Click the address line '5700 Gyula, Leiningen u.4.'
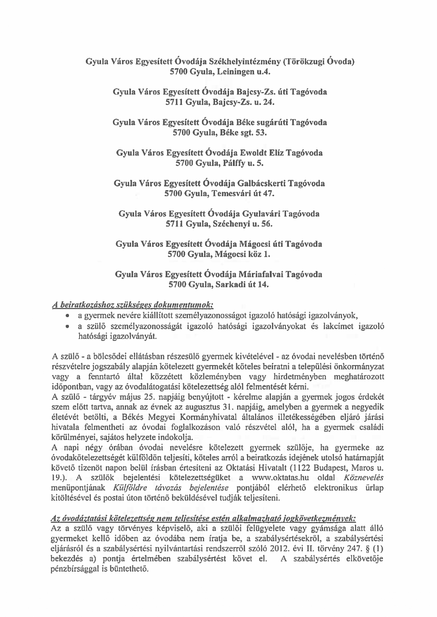(x=220, y=72)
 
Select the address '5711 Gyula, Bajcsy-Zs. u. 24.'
(x=220, y=102)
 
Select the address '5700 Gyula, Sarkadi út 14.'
(x=220, y=284)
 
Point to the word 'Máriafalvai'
(x=260, y=274)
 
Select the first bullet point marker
(x=70, y=316)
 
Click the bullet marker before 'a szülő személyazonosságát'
(x=70, y=327)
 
